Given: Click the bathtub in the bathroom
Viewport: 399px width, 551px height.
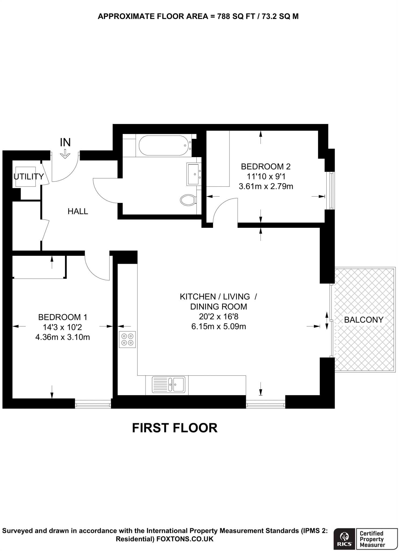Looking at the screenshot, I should point(163,146).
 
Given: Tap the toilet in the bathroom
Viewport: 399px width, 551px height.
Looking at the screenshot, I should point(188,200).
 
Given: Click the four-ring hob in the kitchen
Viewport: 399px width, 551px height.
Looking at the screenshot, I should point(127,339).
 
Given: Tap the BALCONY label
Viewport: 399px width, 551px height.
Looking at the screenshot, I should point(363,320).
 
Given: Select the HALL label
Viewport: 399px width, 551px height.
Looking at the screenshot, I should point(78,211).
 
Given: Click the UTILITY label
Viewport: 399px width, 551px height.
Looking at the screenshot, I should point(29,176).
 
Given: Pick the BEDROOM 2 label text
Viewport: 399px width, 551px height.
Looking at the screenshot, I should point(266,167).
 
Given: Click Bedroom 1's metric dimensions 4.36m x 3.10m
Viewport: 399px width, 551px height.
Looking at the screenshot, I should point(62,337).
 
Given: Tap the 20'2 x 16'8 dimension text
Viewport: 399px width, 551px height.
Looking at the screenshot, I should point(218,316).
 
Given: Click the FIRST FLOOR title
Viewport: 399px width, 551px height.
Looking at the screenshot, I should point(175,428).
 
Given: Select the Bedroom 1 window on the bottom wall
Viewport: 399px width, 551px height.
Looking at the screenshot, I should point(93,404).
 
